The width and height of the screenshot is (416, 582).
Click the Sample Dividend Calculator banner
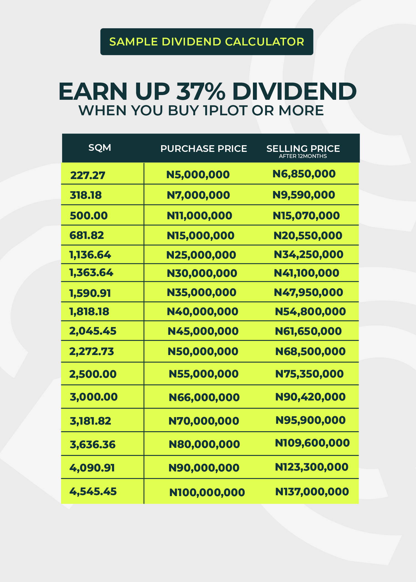[x=207, y=42]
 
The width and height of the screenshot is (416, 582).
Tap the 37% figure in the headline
[x=201, y=91]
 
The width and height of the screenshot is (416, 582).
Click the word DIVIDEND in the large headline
[x=294, y=91]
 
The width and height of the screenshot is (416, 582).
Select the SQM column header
[x=100, y=148]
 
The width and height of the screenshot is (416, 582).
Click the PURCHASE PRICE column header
[x=204, y=149]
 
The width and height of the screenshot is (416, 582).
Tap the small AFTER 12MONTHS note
[x=303, y=156]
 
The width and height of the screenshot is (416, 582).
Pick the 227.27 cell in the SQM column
[x=88, y=175]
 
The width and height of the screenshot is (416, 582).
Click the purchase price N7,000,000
[x=198, y=195]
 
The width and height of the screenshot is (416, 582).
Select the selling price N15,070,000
[x=306, y=216]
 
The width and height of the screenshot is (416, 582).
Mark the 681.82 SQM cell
[x=87, y=235]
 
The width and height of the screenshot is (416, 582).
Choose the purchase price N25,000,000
[x=201, y=255]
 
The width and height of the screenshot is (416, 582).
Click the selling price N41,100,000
[x=306, y=273]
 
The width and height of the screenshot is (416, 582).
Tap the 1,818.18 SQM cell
[x=89, y=312]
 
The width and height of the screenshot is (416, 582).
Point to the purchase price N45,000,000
[x=203, y=331]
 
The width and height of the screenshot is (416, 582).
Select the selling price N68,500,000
[x=310, y=351]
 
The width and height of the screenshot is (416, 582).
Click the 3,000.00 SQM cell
[x=94, y=397]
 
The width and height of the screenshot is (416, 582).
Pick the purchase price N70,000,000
[x=204, y=421]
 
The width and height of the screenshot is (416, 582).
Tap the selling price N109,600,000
[x=312, y=443]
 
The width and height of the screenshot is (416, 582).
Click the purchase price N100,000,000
[x=207, y=492]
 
